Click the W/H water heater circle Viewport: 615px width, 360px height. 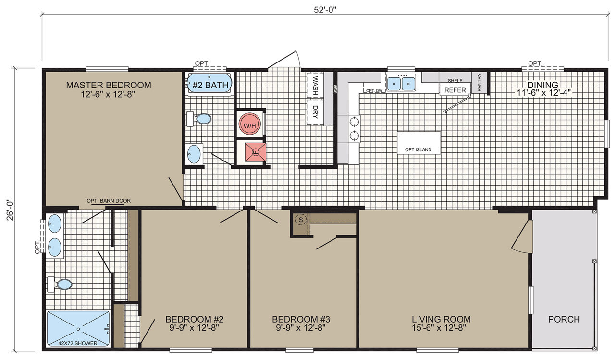[x=249, y=124]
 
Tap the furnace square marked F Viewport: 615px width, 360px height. [x=256, y=152]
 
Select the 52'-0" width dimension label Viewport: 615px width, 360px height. [x=325, y=10]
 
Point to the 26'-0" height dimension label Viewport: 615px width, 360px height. [x=10, y=210]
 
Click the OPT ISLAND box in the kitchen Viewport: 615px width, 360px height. [x=418, y=143]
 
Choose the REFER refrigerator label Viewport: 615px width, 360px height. [x=455, y=90]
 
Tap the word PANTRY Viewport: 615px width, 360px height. [x=479, y=82]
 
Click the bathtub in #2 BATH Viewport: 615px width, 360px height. [x=209, y=83]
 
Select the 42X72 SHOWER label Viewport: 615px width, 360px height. [x=78, y=343]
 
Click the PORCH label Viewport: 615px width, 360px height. [x=564, y=319]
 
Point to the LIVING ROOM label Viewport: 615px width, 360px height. [x=441, y=319]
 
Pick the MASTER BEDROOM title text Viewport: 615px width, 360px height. [x=109, y=85]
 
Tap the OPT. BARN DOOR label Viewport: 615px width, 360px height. [x=109, y=201]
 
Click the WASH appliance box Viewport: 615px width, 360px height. [x=315, y=85]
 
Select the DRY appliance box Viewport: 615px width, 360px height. [x=315, y=112]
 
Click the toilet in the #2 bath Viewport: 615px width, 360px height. [x=199, y=119]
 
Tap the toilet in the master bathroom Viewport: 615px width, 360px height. [x=60, y=285]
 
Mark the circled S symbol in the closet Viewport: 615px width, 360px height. [x=301, y=220]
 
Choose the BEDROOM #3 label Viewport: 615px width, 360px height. [x=301, y=319]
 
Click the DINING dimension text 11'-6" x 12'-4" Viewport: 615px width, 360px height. [x=543, y=93]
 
